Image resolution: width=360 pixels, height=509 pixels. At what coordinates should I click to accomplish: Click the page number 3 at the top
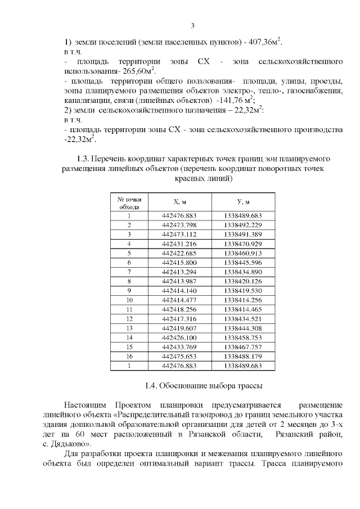point(192,26)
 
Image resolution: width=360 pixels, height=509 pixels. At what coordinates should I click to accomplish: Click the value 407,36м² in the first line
point(262,42)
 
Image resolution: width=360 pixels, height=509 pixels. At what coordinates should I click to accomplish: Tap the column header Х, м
point(179,202)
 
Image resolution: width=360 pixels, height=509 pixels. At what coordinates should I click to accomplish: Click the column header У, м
point(243,202)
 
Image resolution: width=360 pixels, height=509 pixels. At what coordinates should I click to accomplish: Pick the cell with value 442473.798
point(179,225)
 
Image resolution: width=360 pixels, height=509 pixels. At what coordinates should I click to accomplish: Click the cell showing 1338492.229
point(243,225)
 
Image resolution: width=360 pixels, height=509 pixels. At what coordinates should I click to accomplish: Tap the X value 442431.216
point(179,244)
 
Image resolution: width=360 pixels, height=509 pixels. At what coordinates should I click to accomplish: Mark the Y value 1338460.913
point(243,253)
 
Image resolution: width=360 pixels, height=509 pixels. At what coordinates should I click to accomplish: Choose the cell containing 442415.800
point(179,262)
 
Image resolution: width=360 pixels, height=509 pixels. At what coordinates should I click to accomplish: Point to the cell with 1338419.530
point(243,290)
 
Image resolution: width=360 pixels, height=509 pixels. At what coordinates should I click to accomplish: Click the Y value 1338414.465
point(243,309)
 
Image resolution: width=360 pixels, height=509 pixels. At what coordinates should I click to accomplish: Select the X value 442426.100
point(179,337)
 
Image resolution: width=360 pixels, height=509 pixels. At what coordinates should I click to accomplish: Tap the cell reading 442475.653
point(179,356)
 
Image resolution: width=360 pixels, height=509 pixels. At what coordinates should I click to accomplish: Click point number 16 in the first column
point(129,356)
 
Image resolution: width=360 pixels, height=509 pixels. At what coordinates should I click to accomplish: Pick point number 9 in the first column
point(129,290)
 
